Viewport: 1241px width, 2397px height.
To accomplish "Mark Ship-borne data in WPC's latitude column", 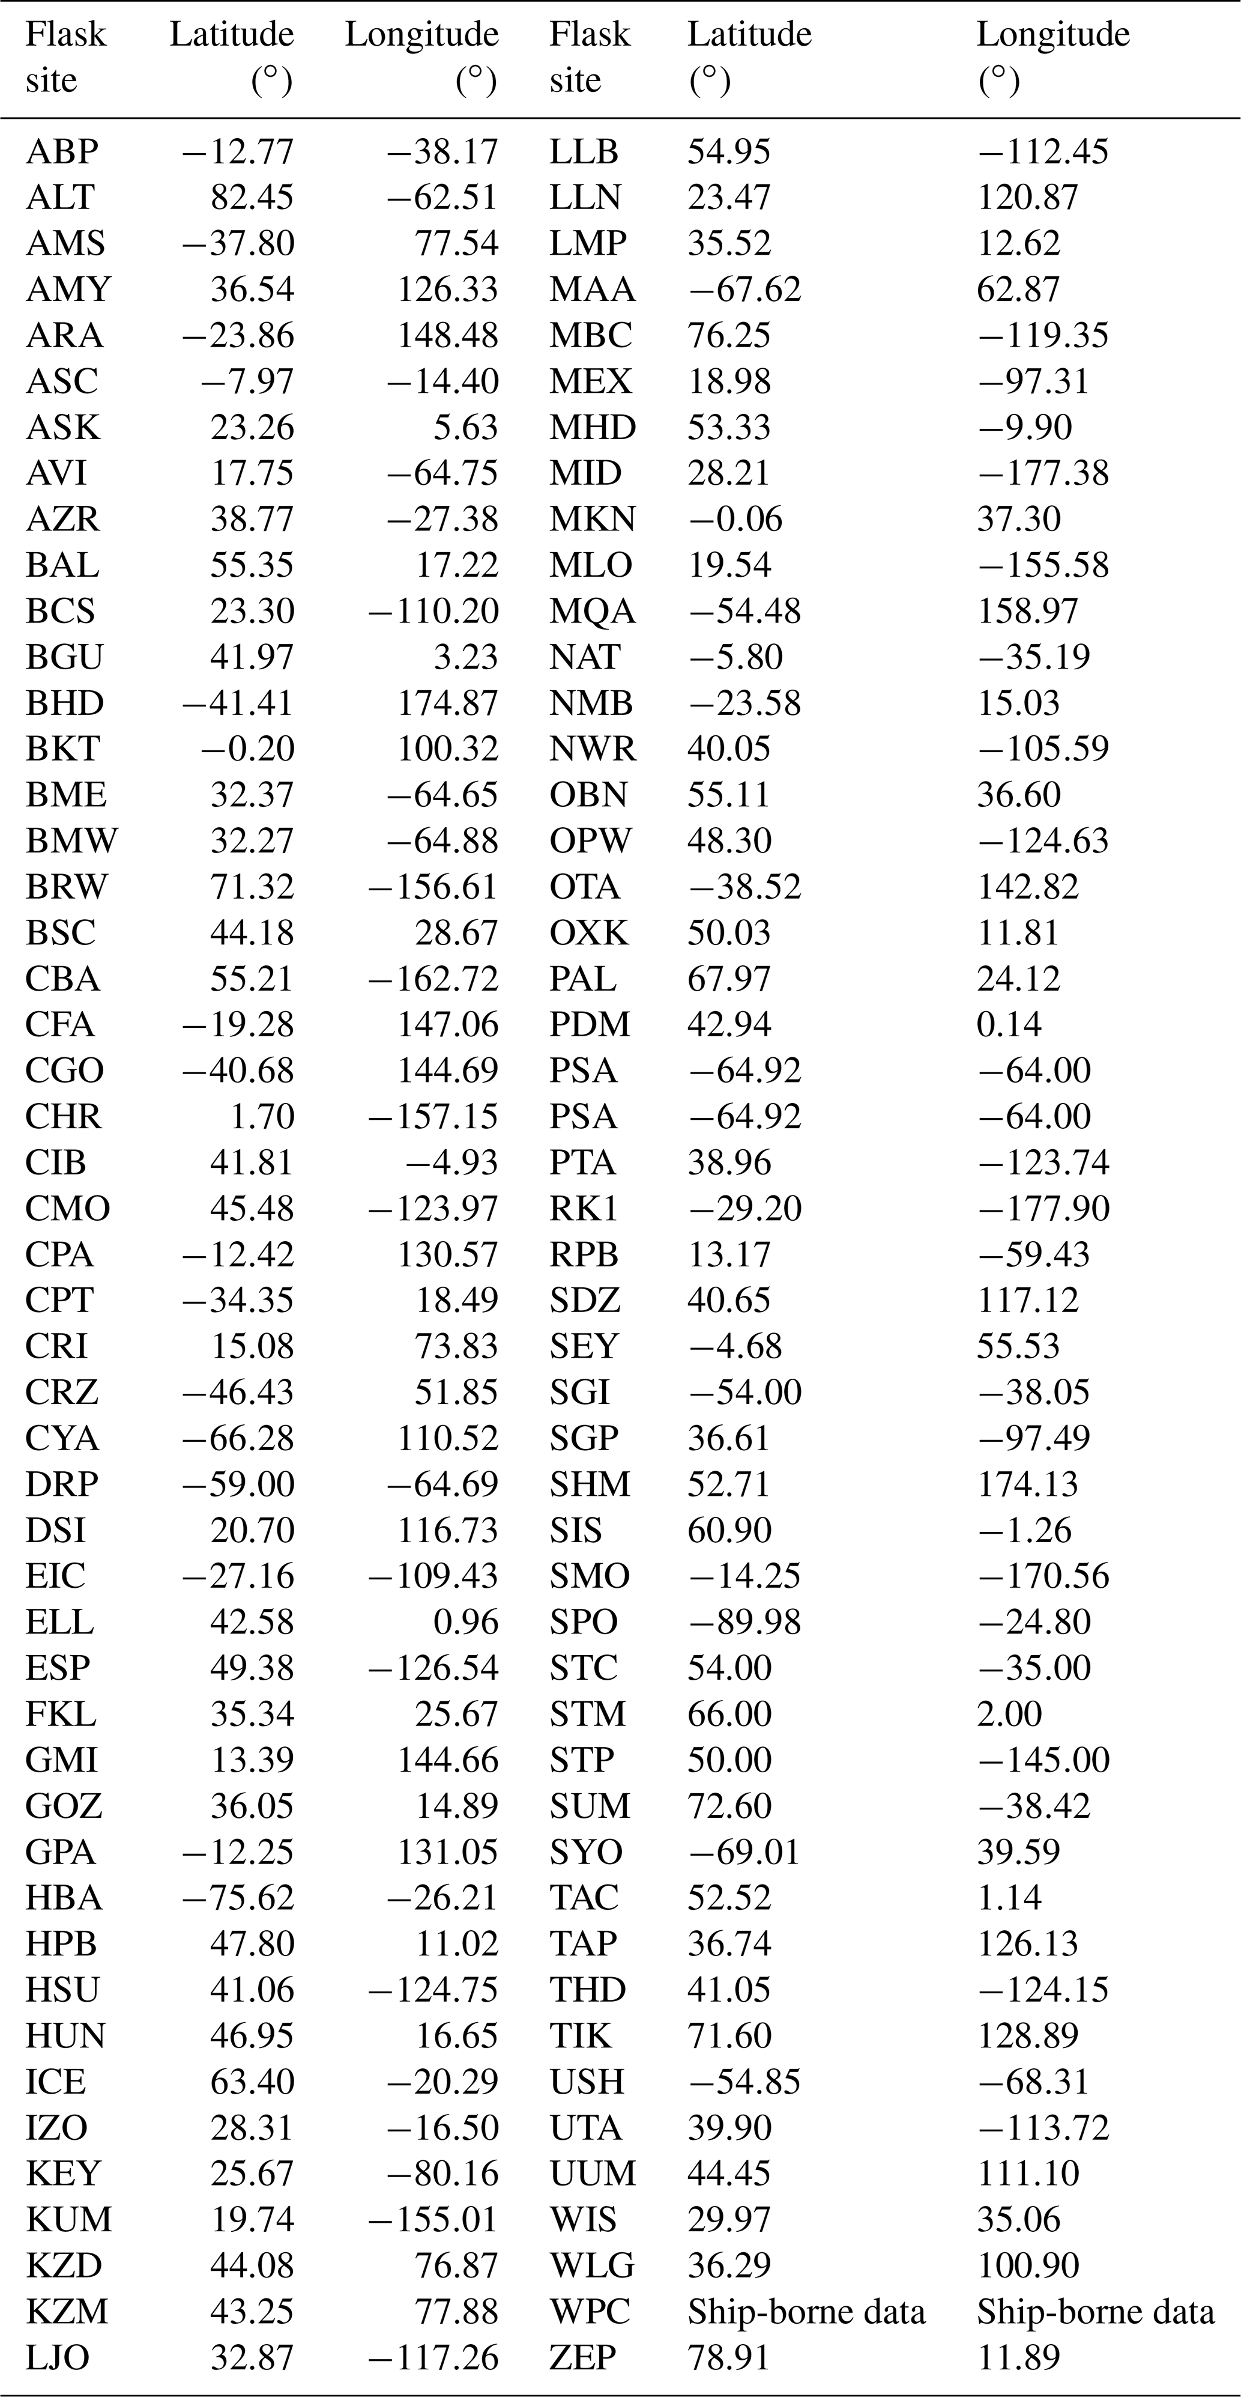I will tap(806, 2312).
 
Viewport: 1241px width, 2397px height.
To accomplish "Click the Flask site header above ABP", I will tap(65, 56).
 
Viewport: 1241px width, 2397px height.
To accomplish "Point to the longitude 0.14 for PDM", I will tap(1009, 1024).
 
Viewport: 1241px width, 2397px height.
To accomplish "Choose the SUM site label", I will tap(589, 1806).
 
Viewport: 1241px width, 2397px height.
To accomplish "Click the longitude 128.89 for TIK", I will tap(1027, 2036).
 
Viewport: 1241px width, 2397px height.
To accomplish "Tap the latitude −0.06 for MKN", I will tap(734, 519).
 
